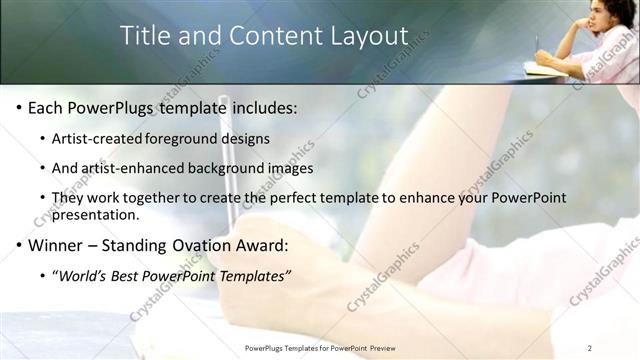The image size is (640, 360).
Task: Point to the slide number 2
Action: coord(590,347)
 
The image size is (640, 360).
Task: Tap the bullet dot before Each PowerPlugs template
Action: coord(18,107)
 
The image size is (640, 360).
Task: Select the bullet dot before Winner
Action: coord(18,245)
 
